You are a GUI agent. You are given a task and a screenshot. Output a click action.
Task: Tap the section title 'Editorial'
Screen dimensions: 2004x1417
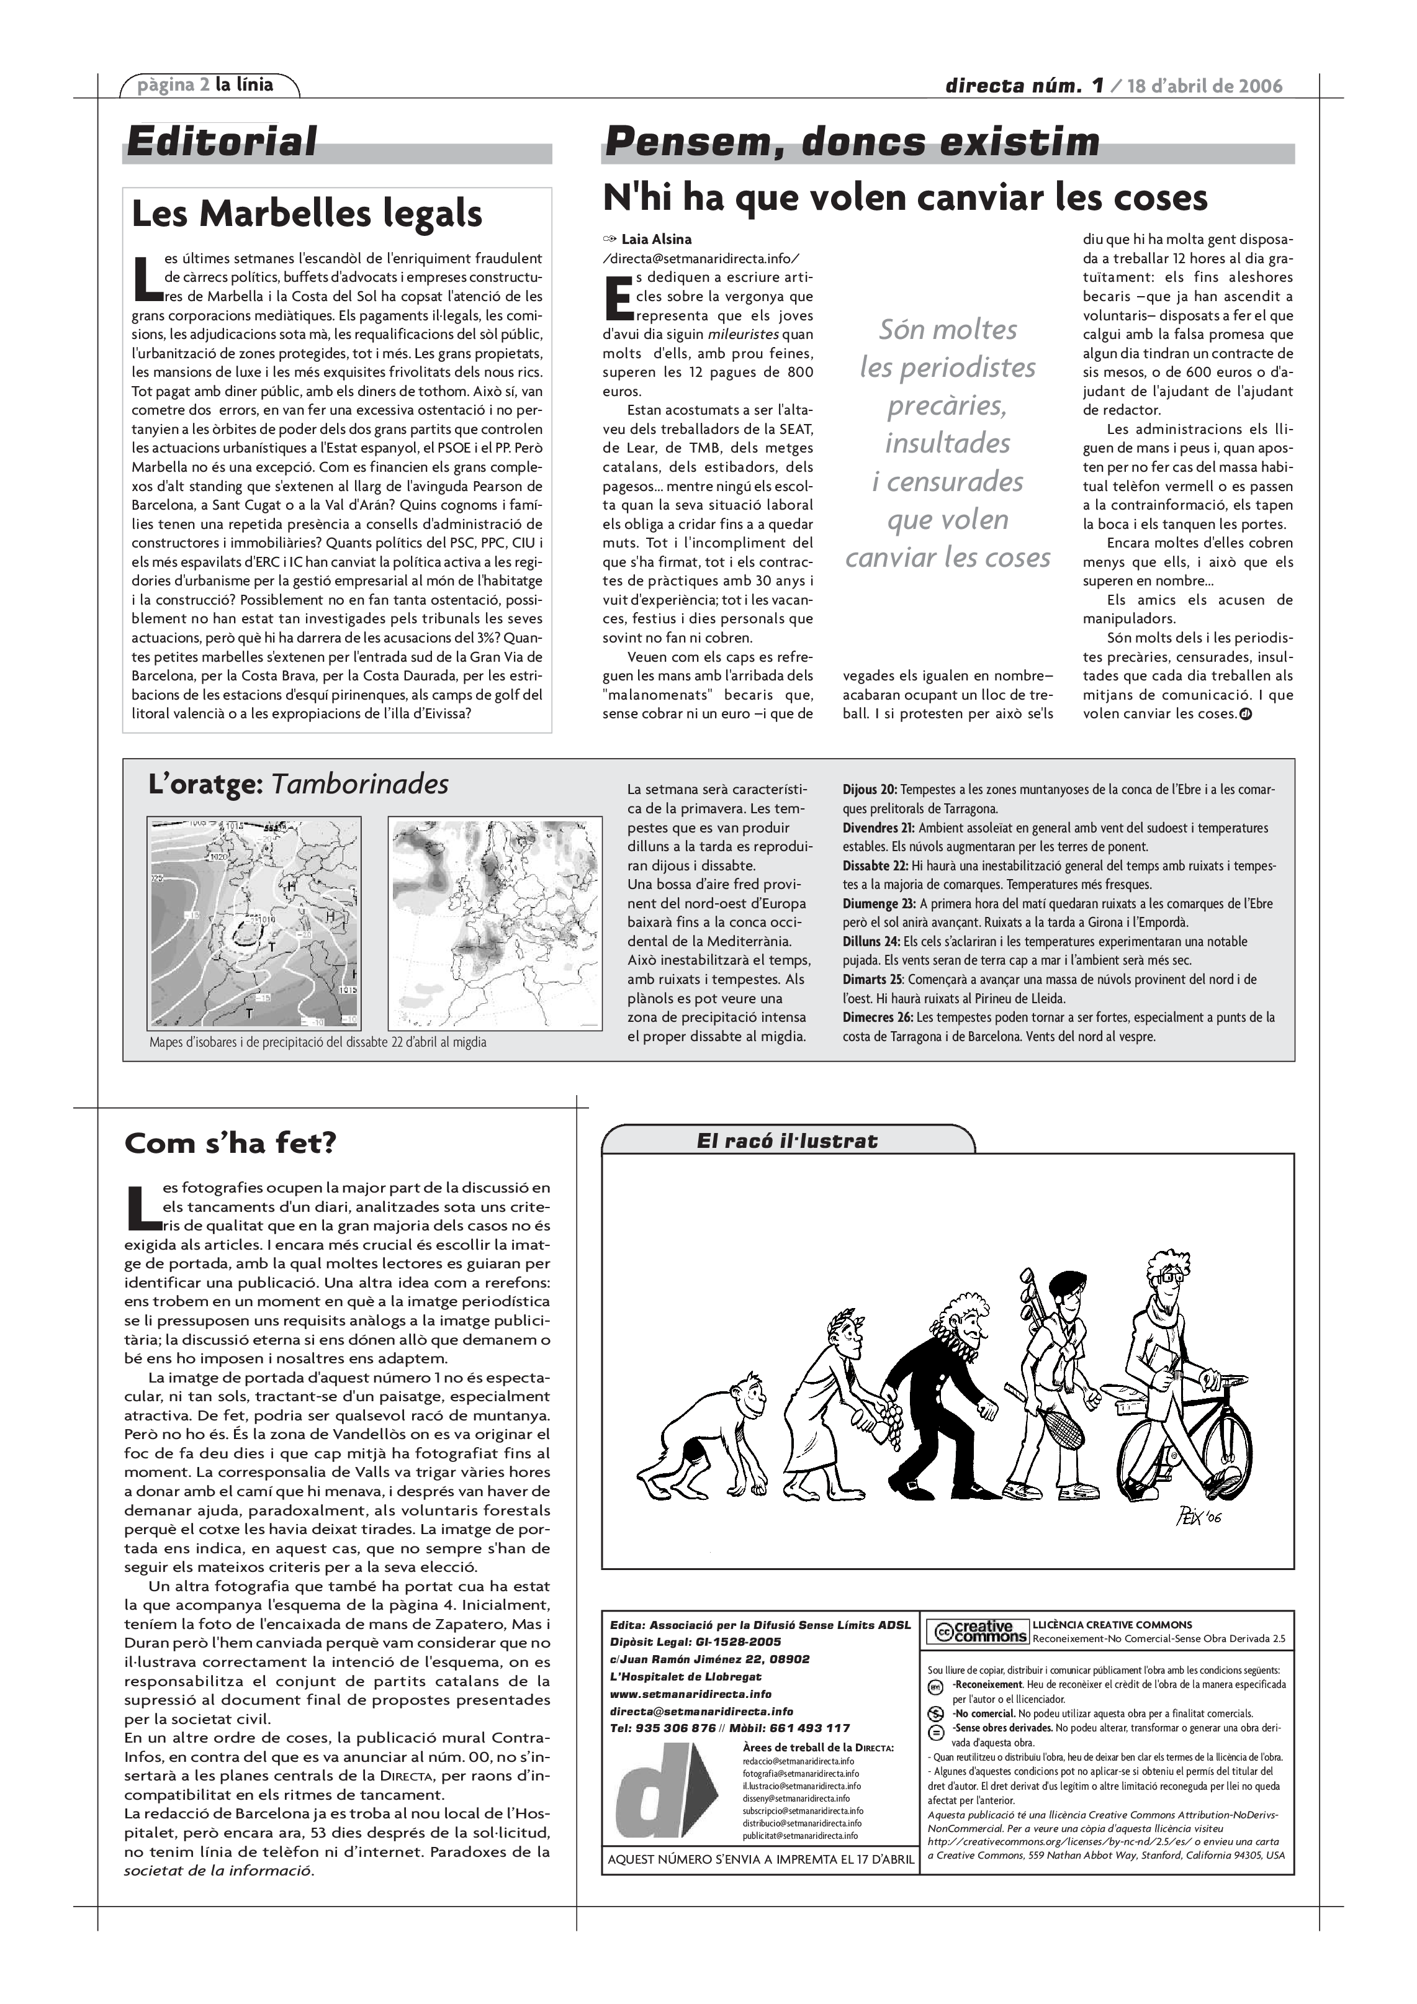click(222, 142)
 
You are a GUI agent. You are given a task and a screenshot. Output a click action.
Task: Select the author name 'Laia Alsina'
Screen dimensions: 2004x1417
click(656, 239)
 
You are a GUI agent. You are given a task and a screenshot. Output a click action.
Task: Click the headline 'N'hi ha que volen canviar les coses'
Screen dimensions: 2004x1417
click(905, 198)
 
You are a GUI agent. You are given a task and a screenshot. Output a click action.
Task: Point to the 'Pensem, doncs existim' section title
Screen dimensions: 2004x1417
click(852, 142)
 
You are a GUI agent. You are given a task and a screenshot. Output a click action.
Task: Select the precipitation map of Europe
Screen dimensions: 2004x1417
click(495, 923)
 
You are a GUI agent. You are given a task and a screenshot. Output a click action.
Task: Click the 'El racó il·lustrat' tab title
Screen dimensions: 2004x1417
click(786, 1141)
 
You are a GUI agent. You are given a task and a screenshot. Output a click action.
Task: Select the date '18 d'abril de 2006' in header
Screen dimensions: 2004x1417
click(1205, 86)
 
